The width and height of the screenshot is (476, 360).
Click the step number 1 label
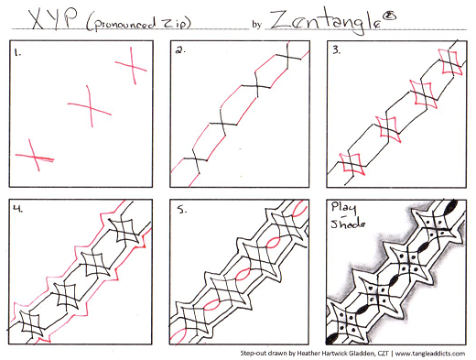(x=17, y=53)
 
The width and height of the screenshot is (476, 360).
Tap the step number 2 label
(x=180, y=49)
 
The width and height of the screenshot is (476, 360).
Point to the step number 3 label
(x=337, y=50)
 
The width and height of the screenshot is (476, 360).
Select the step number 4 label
(x=18, y=209)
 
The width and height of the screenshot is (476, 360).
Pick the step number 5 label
(x=182, y=210)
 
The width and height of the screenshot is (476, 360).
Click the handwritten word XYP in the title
(x=52, y=19)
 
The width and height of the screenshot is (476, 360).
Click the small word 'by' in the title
(x=256, y=25)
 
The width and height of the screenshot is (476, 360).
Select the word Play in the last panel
(x=343, y=208)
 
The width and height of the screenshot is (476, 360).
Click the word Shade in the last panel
(x=348, y=224)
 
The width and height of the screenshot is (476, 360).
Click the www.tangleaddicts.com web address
(x=430, y=354)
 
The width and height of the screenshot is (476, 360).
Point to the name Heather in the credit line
(x=308, y=354)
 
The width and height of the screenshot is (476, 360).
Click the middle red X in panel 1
(x=90, y=106)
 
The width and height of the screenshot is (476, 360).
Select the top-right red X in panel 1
(x=131, y=66)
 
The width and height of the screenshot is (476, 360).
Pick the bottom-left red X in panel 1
(x=35, y=155)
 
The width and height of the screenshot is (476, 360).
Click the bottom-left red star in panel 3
(x=352, y=164)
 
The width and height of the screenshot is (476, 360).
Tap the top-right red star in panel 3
(x=450, y=62)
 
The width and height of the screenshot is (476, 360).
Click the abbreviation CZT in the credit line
(x=384, y=354)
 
